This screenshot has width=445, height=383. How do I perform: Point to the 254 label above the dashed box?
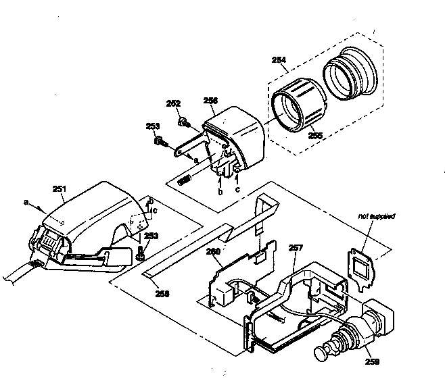pyautogui.click(x=279, y=59)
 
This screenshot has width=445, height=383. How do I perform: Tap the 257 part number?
pyautogui.click(x=296, y=249)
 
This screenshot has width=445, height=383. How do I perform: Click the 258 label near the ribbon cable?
pyautogui.click(x=162, y=294)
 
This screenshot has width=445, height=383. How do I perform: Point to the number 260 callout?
pyautogui.click(x=213, y=251)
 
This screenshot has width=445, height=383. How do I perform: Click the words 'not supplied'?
pyautogui.click(x=377, y=216)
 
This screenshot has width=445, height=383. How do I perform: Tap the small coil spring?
pyautogui.click(x=183, y=180)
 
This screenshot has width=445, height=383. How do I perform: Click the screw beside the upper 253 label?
pyautogui.click(x=160, y=142)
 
